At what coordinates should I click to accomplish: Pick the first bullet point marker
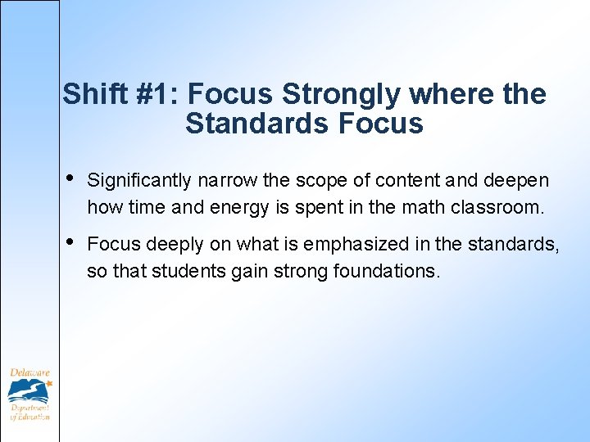pos(70,178)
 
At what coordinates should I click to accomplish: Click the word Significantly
pos(140,180)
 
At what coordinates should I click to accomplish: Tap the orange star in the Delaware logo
pos(48,381)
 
